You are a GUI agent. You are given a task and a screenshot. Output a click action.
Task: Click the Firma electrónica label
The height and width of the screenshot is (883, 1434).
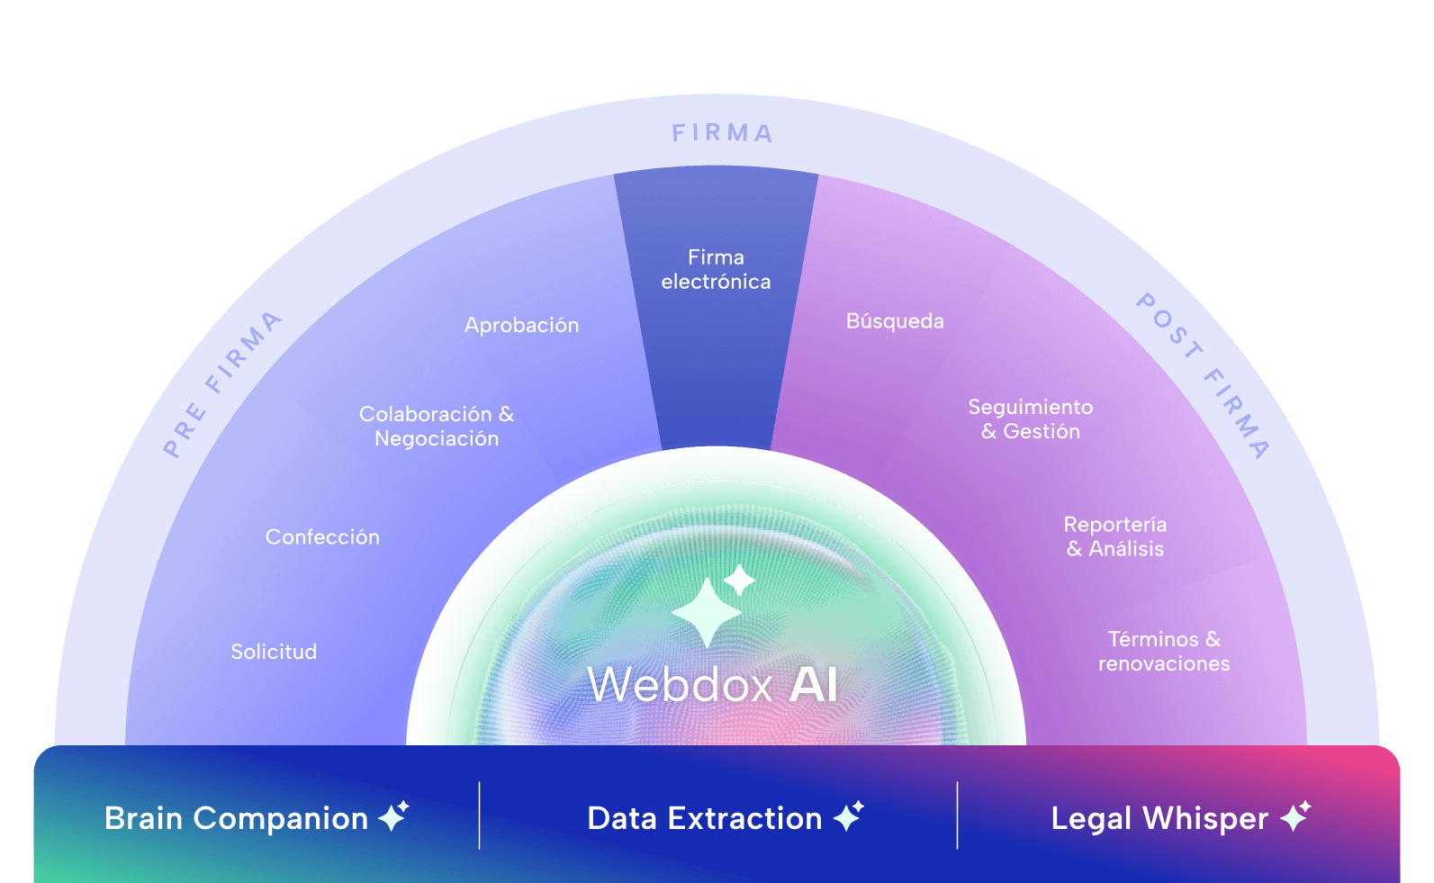(716, 270)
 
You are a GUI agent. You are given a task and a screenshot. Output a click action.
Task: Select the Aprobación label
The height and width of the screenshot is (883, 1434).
(521, 325)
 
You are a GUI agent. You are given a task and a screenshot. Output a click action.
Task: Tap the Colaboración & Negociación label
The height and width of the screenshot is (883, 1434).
(437, 426)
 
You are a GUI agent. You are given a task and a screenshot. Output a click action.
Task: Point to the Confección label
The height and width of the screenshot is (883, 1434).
(322, 537)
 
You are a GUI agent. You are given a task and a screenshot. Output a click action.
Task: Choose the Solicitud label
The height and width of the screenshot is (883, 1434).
(274, 652)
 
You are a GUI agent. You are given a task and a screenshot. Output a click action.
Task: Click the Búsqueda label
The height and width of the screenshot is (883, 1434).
(895, 321)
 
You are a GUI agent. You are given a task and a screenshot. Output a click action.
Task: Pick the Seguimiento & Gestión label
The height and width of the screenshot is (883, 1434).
(1031, 419)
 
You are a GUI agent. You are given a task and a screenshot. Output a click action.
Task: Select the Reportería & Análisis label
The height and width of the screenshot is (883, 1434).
(1115, 536)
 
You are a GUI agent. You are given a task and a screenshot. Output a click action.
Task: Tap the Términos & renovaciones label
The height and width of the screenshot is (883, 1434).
(1164, 652)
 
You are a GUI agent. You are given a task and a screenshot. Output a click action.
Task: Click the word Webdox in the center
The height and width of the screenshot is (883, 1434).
(680, 685)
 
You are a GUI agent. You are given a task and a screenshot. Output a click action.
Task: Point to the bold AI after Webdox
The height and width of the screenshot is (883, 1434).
(813, 685)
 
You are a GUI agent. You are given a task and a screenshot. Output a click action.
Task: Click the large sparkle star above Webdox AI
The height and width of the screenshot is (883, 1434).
(708, 612)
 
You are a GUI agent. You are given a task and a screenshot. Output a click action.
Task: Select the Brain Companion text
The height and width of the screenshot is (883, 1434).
(236, 818)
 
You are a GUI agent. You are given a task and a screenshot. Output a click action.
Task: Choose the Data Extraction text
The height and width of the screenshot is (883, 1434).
(704, 818)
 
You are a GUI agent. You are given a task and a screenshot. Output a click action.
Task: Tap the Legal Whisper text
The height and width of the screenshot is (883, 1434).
(1159, 818)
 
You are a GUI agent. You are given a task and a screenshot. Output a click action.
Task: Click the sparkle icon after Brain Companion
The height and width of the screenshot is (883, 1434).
(393, 815)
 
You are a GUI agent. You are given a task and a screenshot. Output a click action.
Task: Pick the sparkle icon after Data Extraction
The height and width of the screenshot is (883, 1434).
(848, 815)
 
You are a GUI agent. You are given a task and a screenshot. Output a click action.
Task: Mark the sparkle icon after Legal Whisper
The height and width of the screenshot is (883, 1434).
(1295, 815)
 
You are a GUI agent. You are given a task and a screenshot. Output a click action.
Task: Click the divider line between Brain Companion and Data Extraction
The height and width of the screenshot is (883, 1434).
(480, 815)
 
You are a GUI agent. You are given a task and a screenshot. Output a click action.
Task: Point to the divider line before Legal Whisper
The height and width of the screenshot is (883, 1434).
(957, 815)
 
